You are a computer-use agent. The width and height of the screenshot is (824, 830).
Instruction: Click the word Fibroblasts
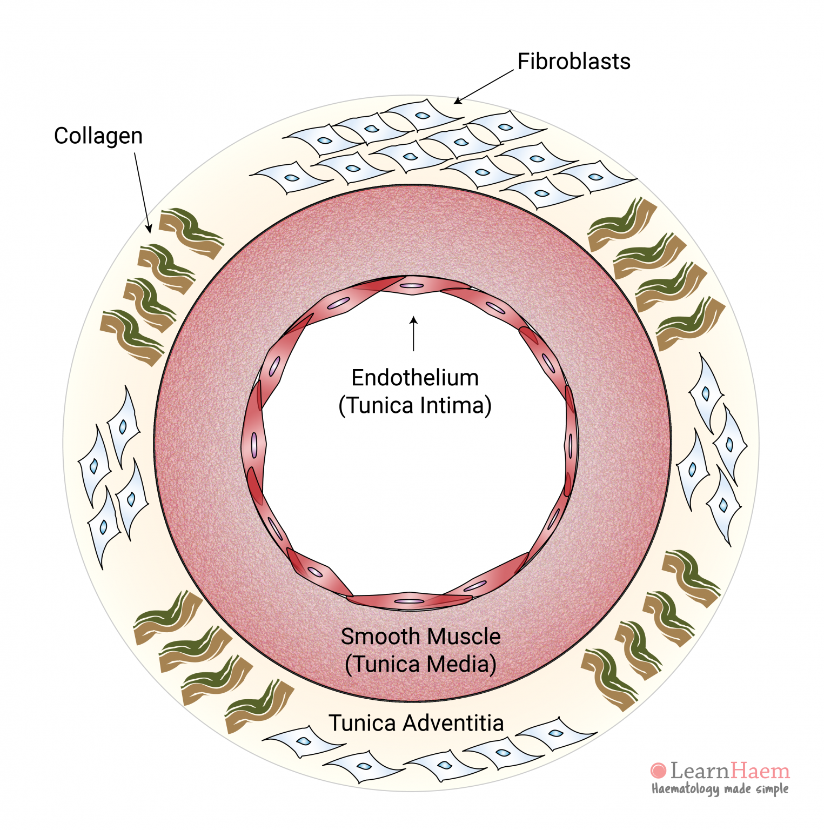[x=574, y=62]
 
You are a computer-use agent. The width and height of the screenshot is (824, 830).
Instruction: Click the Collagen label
[x=98, y=136]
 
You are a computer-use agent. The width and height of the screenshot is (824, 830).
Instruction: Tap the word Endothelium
[x=415, y=378]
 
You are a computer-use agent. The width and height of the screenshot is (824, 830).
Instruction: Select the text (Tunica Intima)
[x=415, y=405]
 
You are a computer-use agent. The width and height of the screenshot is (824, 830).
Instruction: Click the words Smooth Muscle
[x=420, y=637]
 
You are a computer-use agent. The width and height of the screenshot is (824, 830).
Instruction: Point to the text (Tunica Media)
[x=420, y=664]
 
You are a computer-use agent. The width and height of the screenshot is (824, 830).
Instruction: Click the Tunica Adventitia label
[x=416, y=723]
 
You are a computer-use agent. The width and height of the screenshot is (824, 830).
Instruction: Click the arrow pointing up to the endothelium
[x=414, y=334]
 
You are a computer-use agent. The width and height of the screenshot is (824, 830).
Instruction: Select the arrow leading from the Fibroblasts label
[x=483, y=87]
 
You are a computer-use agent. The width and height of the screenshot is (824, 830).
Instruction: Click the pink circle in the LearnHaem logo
[x=658, y=771]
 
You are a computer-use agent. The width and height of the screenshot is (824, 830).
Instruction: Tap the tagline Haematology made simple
[x=720, y=789]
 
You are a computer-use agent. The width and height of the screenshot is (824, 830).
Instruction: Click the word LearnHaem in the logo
[x=730, y=771]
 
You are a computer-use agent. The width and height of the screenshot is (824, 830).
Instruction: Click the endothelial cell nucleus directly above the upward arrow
[x=412, y=286]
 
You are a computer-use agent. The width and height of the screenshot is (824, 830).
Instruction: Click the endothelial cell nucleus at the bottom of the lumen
[x=410, y=601]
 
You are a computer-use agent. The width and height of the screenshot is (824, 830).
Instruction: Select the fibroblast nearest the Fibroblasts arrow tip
[x=421, y=116]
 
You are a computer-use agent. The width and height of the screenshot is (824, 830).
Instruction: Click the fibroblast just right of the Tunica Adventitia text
[x=557, y=734]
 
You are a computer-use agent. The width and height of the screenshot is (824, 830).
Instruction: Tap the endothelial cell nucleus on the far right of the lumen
[x=571, y=445]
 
